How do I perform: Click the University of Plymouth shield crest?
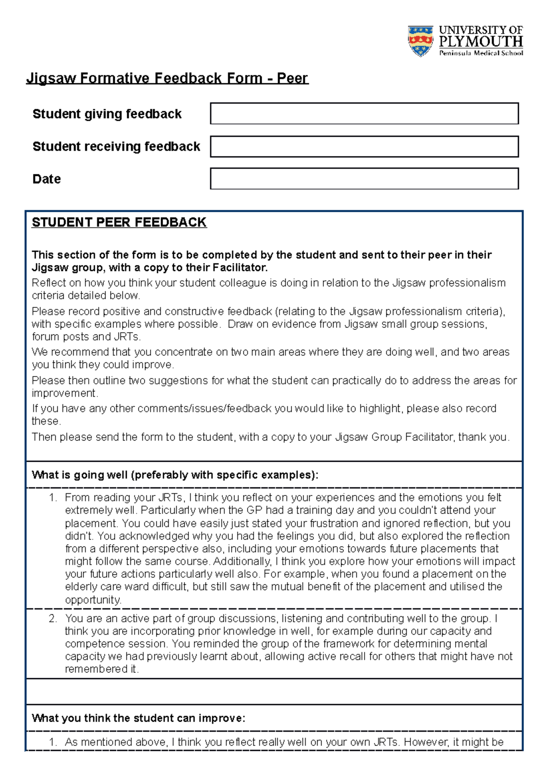tap(420, 41)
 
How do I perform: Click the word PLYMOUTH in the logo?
tap(480, 42)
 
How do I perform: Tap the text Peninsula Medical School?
tap(481, 53)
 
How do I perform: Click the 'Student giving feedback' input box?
tap(364, 113)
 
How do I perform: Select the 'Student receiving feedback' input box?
tap(364, 146)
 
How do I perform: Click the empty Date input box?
tap(364, 178)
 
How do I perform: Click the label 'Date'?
tap(46, 179)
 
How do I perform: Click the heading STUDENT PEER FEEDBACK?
tap(119, 222)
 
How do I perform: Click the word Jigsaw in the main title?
tap(51, 78)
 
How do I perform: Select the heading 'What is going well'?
tap(175, 475)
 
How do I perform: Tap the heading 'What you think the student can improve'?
tap(138, 718)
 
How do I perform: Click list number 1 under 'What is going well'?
tap(53, 497)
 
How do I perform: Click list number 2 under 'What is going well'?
tap(53, 618)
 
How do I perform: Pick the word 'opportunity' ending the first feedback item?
tap(93, 600)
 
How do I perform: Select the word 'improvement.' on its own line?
tap(65, 393)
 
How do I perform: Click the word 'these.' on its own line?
tap(46, 421)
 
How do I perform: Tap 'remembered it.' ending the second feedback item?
tap(102, 669)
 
